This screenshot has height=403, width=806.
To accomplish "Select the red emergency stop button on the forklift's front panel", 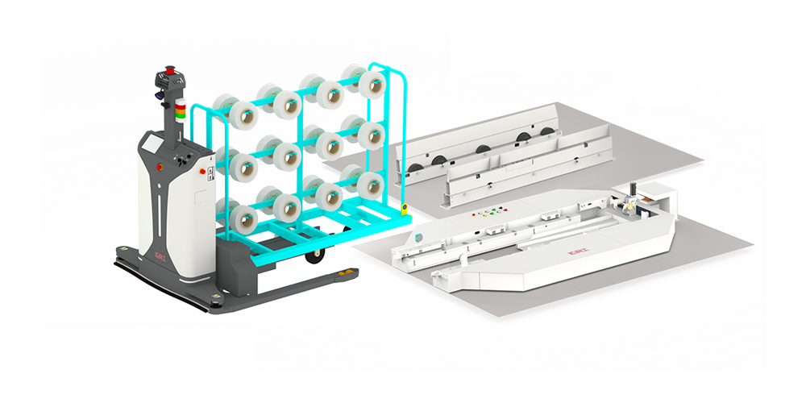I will (159, 167).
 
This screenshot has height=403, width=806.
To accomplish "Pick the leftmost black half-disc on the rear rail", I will (417, 168).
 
